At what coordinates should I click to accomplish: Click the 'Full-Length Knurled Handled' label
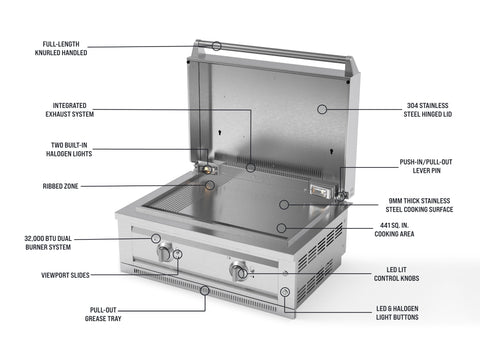[61, 48]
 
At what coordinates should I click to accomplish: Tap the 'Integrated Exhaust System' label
[70, 110]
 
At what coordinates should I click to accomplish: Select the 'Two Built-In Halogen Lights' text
[69, 149]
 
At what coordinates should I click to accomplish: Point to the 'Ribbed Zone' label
[60, 186]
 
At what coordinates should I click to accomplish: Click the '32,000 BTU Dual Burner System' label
[48, 243]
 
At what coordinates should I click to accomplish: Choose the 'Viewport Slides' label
[65, 275]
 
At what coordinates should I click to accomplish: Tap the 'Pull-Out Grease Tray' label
[103, 314]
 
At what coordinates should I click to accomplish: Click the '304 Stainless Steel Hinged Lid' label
[428, 110]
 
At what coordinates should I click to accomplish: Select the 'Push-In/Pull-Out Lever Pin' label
[426, 166]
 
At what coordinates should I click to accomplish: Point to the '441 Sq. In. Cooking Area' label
[394, 230]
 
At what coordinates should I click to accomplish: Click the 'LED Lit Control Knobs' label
[396, 274]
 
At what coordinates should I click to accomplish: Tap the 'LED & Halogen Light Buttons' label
[397, 313]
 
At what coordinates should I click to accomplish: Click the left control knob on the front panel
[165, 253]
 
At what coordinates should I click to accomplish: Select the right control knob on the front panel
[239, 270]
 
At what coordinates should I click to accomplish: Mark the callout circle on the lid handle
[217, 46]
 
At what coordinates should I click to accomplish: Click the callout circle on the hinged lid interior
[322, 109]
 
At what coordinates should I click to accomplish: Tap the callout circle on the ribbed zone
[210, 185]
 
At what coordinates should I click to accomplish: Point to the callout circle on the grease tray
[205, 290]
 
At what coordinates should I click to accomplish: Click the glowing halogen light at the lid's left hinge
[208, 168]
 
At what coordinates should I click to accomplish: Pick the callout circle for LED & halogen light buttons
[284, 292]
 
